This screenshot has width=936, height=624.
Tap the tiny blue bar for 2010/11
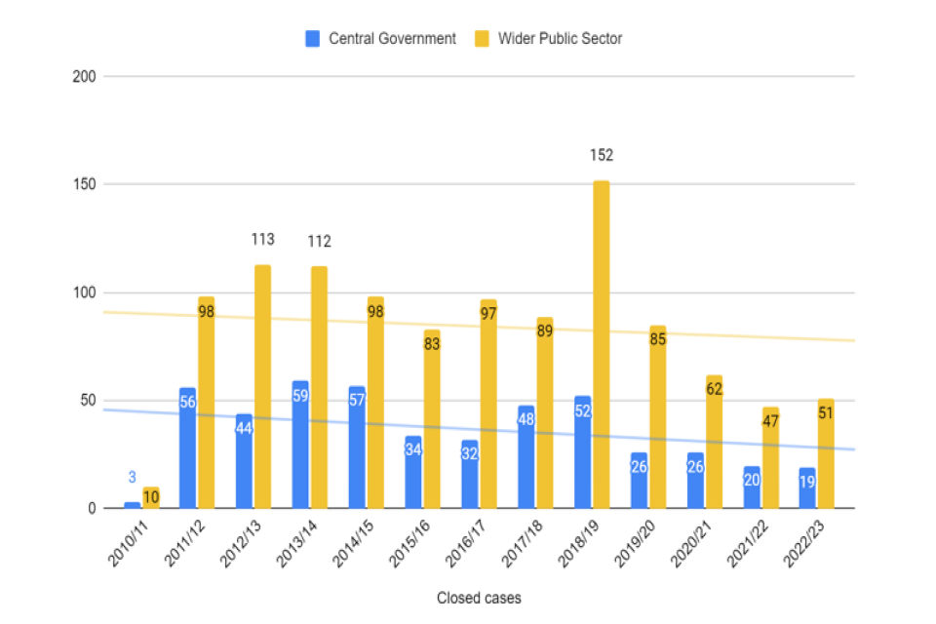coord(132,505)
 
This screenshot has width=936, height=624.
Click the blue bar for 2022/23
coord(807,487)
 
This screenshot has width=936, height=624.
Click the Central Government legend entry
coord(380,39)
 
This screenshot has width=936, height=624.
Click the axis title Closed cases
coord(479,598)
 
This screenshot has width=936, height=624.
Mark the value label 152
coord(601,155)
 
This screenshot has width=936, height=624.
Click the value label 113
coord(262,239)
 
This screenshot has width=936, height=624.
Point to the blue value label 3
coord(132,478)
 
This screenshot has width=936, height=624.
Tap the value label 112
coord(319,241)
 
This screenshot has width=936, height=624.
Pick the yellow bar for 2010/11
coord(150,497)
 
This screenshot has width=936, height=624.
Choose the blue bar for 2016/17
coord(469,474)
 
